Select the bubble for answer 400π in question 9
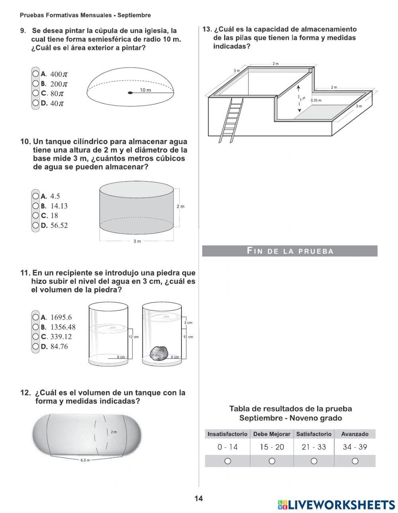pos(36,74)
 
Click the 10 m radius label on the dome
pos(145,90)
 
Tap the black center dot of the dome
pos(130,93)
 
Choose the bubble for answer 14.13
pos(36,206)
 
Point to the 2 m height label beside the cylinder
pos(180,206)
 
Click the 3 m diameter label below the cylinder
pos(137,241)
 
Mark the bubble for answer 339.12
pos(36,337)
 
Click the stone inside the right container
pos(158,352)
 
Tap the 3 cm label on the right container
pos(188,323)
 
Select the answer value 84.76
pos(59,347)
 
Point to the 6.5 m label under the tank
pos(85,460)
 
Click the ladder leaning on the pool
pos(231,119)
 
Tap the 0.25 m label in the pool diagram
pos(316,101)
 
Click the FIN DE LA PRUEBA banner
pos(290,251)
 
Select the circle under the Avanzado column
pos(355,461)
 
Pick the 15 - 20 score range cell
pos(272,447)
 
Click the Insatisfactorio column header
pos(227,434)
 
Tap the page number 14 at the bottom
pos(199,499)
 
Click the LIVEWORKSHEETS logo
pos(336,505)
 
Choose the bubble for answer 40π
pos(36,103)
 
